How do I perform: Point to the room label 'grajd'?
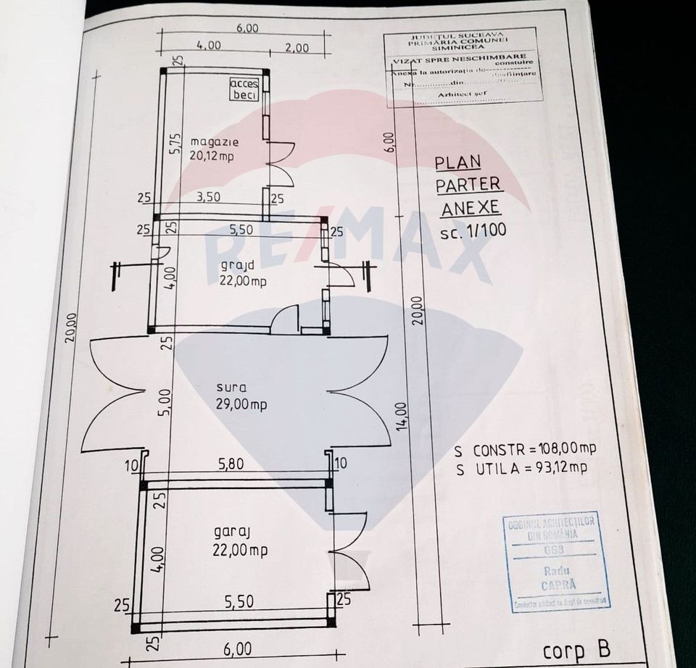[x=237, y=266]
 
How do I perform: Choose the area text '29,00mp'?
[x=241, y=404]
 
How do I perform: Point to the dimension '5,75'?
[x=174, y=143]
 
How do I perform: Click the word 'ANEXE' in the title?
[x=470, y=207]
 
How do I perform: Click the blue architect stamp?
[x=558, y=561]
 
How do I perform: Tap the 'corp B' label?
[x=573, y=649]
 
